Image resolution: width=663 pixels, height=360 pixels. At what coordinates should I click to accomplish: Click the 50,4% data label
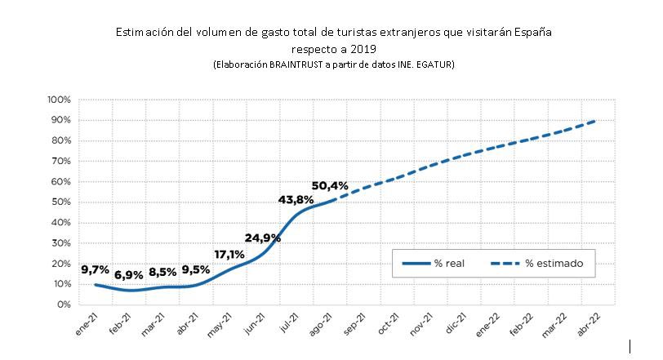click(x=330, y=186)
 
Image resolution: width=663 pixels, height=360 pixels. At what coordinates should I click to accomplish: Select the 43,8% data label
click(x=295, y=201)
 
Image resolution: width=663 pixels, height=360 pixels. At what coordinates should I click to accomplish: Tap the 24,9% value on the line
click(x=263, y=238)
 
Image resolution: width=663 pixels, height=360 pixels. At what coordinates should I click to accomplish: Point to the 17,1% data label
click(x=229, y=254)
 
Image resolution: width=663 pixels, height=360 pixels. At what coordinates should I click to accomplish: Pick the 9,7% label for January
click(x=96, y=269)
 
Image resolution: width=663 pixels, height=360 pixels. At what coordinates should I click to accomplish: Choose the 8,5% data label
click(x=162, y=273)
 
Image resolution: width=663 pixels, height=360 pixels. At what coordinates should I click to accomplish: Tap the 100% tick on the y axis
click(x=60, y=100)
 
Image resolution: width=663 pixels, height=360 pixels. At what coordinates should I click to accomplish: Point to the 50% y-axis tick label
click(x=62, y=202)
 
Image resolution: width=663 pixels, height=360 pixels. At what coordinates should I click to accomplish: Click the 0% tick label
click(x=65, y=304)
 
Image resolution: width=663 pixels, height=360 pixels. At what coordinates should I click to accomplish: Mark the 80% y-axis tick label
click(x=62, y=140)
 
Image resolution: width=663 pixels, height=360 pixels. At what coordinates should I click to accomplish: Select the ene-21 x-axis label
click(x=84, y=325)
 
